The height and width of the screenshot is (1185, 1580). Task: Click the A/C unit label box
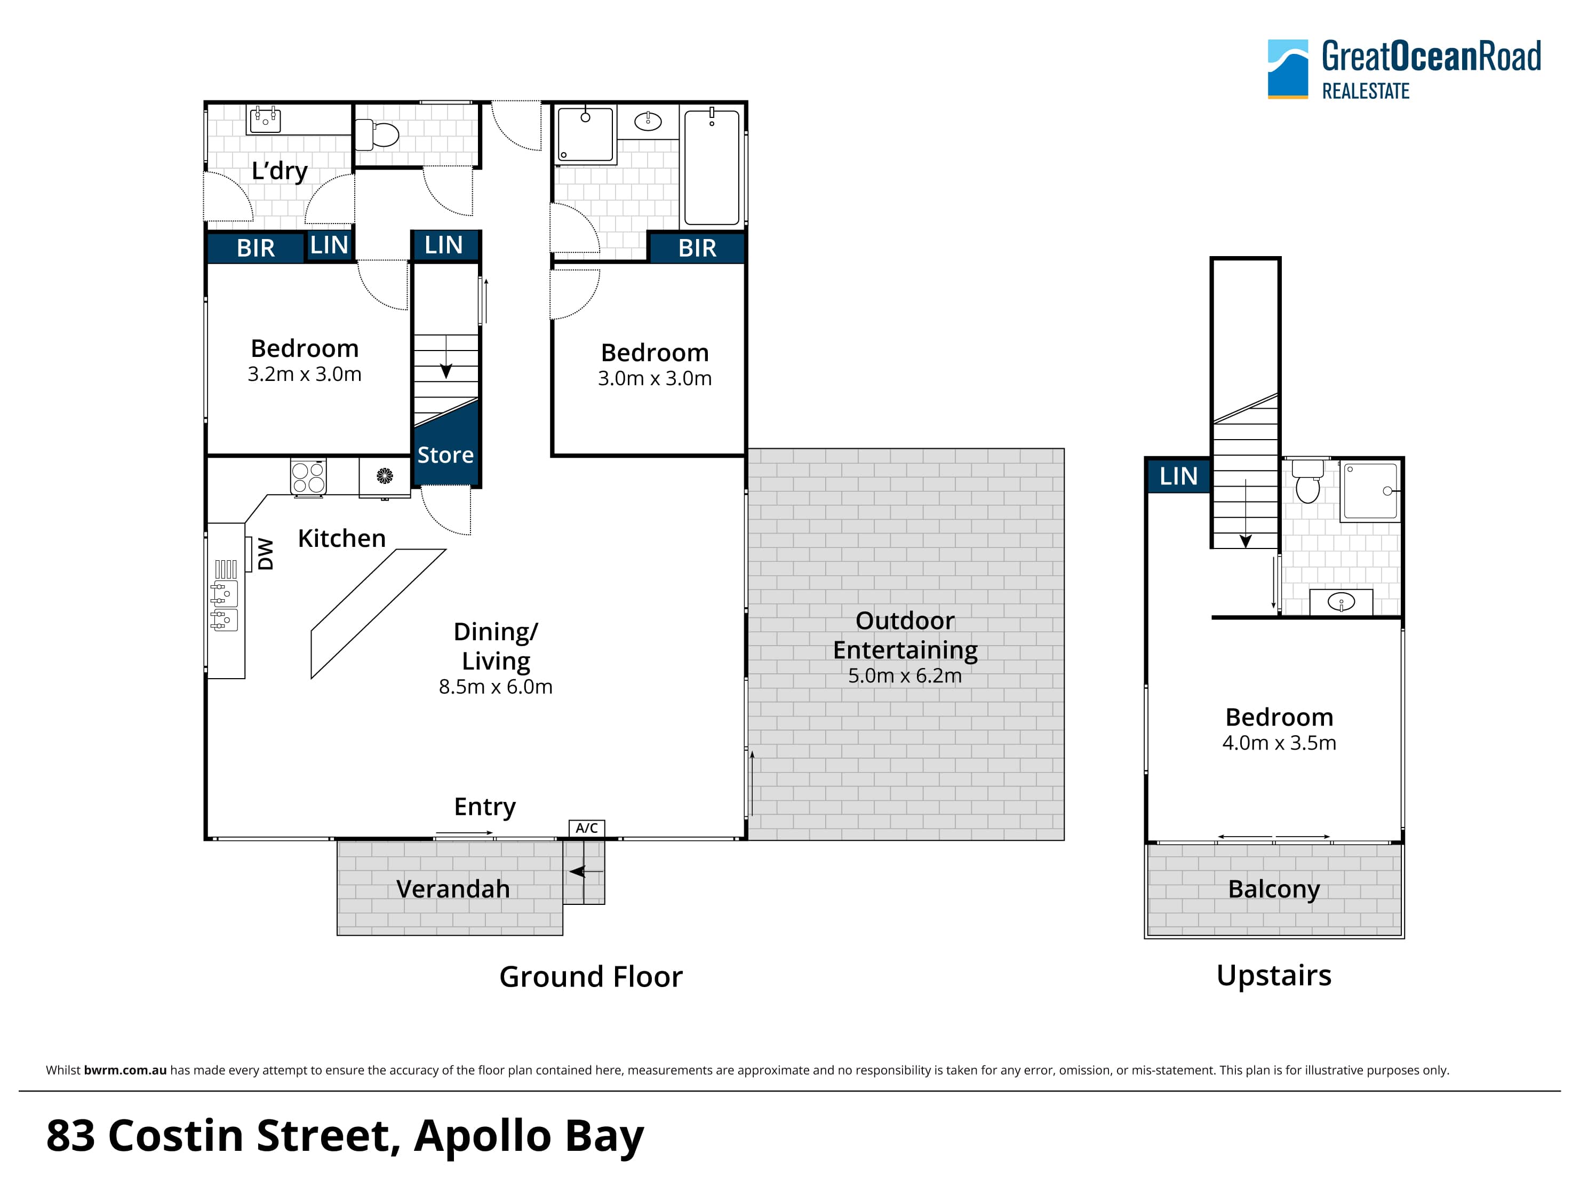pos(586,828)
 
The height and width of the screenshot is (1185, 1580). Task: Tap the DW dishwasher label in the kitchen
pos(265,554)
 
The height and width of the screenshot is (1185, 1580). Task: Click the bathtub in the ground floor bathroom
pos(712,166)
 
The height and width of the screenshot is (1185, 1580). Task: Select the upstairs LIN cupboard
pos(1178,476)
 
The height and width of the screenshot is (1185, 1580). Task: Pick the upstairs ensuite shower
pos(1370,491)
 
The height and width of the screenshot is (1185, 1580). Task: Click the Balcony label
pos(1274,889)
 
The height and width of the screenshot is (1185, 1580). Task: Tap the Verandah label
pos(453,889)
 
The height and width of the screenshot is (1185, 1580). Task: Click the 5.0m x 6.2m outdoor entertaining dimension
pos(905,675)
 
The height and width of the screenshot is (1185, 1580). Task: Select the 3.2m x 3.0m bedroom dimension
pos(304,375)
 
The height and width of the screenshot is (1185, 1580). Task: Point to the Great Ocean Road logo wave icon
pos(1288,69)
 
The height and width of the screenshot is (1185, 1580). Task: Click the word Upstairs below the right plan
pos(1274,976)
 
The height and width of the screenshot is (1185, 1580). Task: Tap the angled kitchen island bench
pos(379,614)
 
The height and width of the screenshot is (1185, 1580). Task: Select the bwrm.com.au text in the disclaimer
pos(125,1070)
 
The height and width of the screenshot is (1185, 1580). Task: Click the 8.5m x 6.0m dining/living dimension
pos(496,687)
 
